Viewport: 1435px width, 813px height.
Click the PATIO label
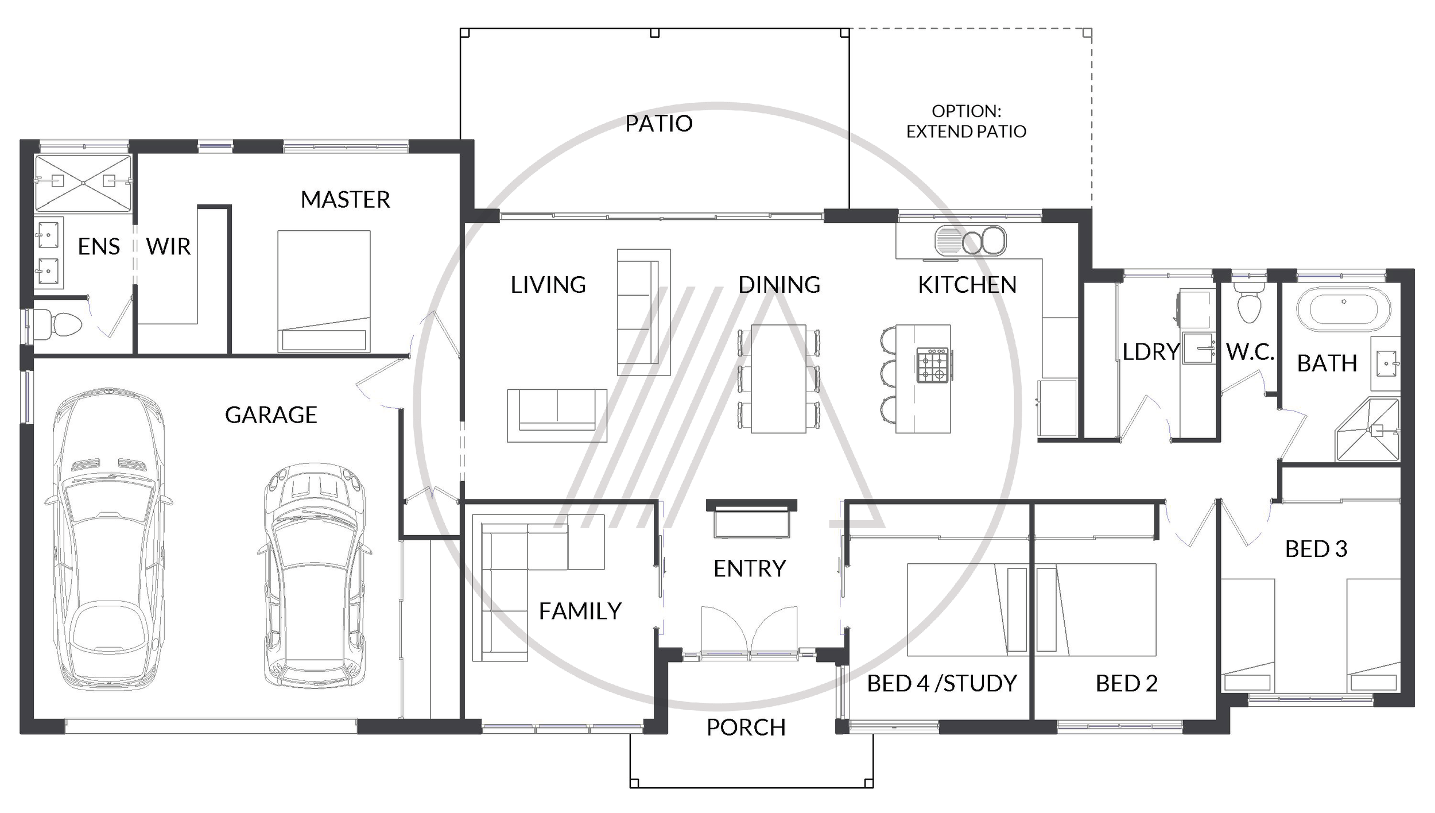tap(659, 123)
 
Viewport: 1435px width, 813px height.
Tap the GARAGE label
tap(271, 415)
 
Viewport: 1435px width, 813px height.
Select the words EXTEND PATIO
tap(966, 131)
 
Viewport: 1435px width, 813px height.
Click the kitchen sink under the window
tap(970, 240)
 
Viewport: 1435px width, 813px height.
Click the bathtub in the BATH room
tap(1343, 309)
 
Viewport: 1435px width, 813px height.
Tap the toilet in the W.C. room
tap(1248, 303)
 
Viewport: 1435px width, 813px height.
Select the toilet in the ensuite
tap(57, 324)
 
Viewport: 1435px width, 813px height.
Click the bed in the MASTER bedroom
tap(324, 291)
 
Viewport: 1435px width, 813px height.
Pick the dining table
tap(778, 379)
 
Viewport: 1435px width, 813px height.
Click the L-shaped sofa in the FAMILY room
tap(538, 587)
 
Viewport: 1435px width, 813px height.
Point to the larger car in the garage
tap(109, 539)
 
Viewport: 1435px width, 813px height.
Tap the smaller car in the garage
tap(315, 575)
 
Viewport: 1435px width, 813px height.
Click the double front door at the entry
tap(749, 630)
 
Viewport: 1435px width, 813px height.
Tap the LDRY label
tap(1150, 352)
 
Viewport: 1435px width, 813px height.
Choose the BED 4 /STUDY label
tap(942, 683)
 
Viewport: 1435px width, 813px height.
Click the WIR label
tap(168, 246)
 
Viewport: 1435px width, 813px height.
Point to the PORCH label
tap(746, 727)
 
